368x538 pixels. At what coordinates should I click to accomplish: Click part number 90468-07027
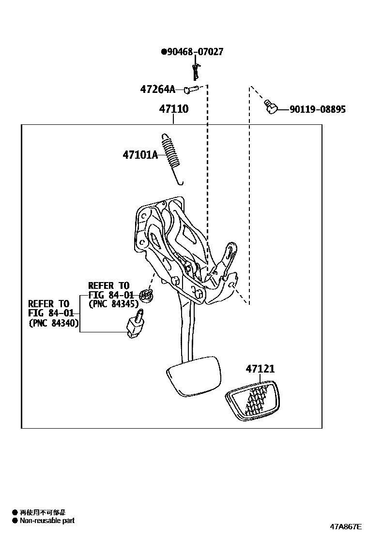[195, 52]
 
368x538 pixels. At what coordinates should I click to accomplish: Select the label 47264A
[157, 89]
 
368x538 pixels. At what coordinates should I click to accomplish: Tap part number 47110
[174, 109]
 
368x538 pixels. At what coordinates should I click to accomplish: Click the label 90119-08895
[318, 110]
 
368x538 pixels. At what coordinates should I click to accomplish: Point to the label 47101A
[140, 155]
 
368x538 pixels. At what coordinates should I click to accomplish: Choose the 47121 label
[260, 369]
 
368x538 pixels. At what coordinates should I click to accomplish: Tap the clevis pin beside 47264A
[191, 89]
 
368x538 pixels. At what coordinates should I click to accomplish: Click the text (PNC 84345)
[114, 304]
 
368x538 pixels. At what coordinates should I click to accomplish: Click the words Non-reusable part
[47, 521]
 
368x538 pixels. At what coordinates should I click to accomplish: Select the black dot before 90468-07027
[163, 52]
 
